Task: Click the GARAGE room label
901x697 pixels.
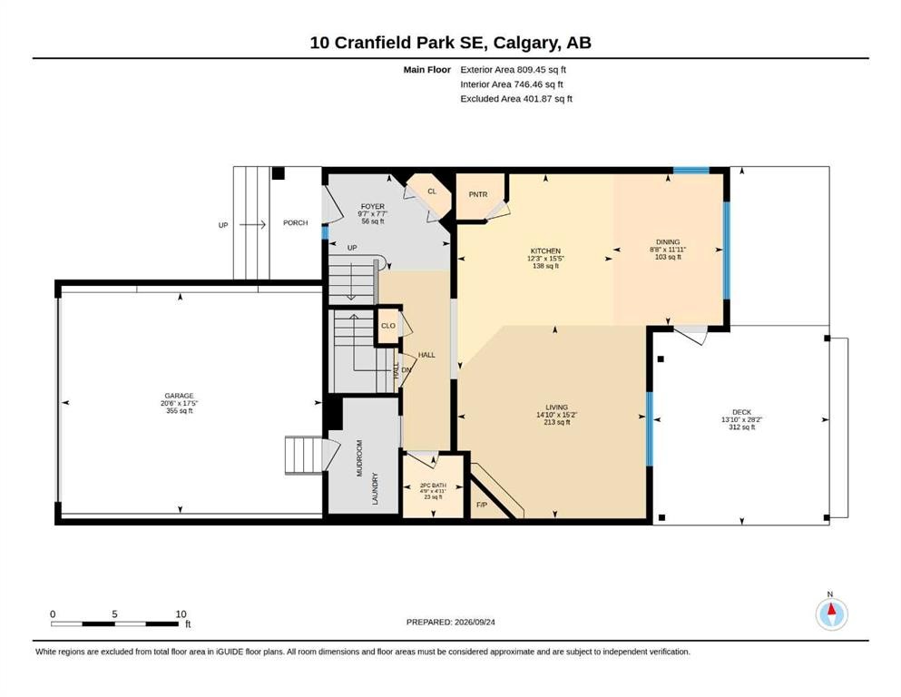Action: (x=179, y=396)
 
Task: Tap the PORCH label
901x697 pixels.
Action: (x=296, y=222)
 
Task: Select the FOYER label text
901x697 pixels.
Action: (x=372, y=206)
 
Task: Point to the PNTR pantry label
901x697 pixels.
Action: (x=478, y=194)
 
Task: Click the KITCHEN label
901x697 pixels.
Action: (x=545, y=251)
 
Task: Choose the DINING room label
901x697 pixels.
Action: (x=668, y=242)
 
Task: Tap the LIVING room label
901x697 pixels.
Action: (x=556, y=407)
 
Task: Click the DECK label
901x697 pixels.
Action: (x=741, y=412)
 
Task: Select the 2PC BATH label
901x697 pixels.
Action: (x=433, y=486)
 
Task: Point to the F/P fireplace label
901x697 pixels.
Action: (x=481, y=506)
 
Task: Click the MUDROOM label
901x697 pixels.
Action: (x=359, y=458)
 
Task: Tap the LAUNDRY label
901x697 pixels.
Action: (x=376, y=488)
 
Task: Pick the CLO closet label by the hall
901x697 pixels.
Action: (x=387, y=325)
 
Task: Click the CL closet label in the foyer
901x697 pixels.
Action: (x=432, y=191)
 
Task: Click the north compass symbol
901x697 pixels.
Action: (x=831, y=613)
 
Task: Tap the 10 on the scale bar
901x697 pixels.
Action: (x=181, y=614)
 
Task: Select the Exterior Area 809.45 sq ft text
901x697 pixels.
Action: (x=514, y=70)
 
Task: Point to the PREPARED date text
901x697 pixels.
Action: (x=450, y=622)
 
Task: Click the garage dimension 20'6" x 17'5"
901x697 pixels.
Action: (x=179, y=403)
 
